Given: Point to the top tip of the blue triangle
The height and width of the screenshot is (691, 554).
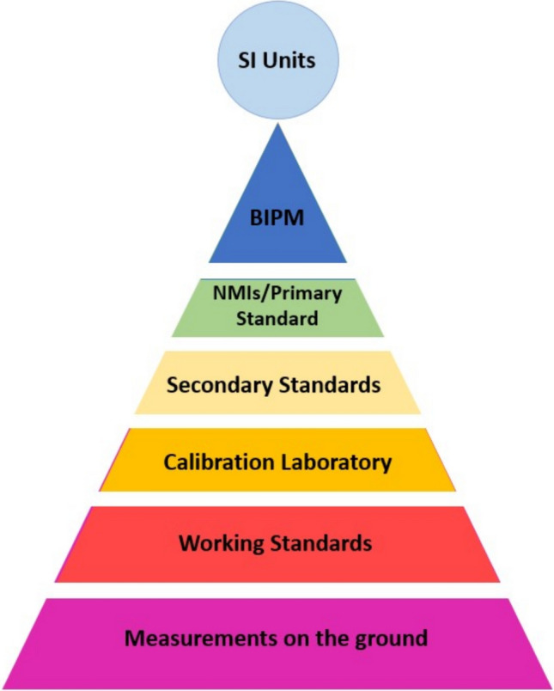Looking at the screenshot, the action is [277, 125].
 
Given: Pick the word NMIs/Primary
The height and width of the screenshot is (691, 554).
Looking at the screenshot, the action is [277, 294].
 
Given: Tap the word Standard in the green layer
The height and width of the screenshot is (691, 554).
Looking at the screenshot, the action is [277, 319].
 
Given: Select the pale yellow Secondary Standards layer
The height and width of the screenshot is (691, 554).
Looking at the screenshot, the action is [277, 383].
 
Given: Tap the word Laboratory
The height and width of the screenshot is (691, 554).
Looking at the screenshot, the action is [338, 462].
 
